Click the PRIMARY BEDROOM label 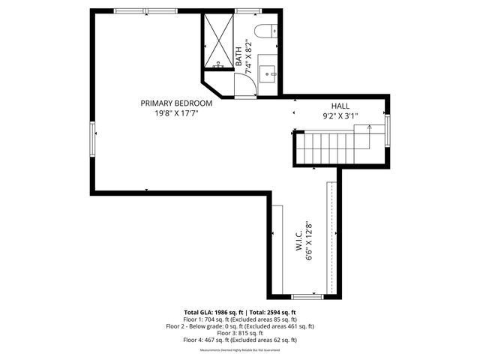click(177, 103)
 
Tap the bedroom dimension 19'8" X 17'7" click(177, 114)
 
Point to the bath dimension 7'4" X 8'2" click(247, 54)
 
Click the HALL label click(340, 106)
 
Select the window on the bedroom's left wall click(92, 138)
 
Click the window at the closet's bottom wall click(307, 296)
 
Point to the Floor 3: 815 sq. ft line click(240, 333)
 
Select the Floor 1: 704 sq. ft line click(240, 319)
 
